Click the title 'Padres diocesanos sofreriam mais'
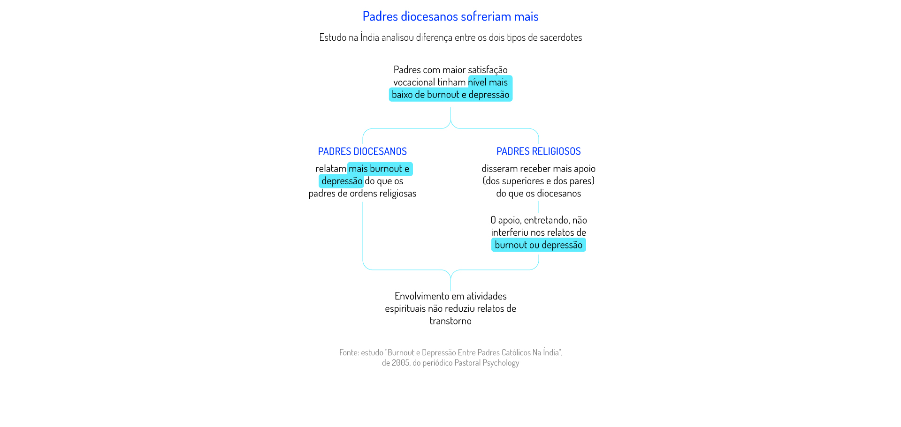(450, 16)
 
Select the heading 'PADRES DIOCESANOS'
(362, 151)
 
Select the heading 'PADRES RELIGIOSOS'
(539, 151)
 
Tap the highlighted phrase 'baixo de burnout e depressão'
(450, 95)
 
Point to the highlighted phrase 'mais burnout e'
(379, 169)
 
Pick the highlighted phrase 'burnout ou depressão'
(539, 245)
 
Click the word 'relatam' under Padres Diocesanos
(331, 169)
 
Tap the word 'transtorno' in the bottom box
(450, 321)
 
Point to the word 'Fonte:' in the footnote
(349, 352)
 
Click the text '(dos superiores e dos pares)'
(539, 181)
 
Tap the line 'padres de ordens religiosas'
(362, 194)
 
